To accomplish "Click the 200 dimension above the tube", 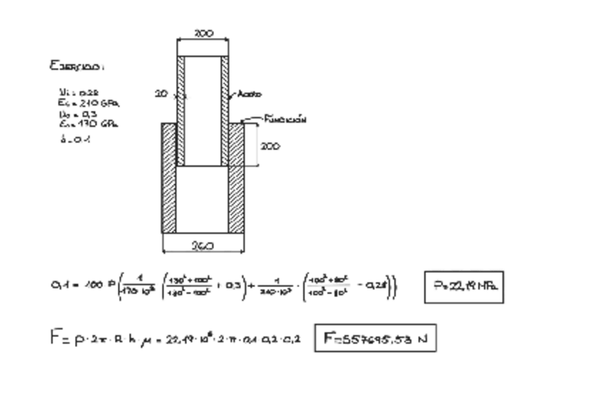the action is [203, 34].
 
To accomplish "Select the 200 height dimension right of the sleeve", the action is [270, 146].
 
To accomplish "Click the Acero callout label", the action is [249, 94].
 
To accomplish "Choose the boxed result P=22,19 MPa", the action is [464, 287].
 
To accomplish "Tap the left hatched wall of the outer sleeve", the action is [169, 178].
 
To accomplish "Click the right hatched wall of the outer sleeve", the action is [236, 178].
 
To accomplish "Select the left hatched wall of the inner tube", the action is [181, 111].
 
